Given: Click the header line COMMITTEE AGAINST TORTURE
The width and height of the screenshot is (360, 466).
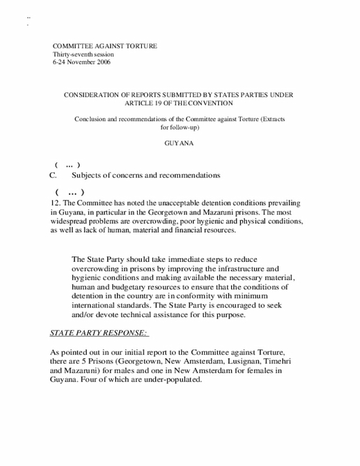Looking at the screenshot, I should (105, 46).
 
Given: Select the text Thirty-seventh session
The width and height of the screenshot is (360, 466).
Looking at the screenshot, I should (83, 55).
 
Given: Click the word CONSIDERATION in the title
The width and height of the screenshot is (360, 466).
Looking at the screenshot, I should (92, 95).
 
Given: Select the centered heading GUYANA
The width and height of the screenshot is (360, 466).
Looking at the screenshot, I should (178, 144).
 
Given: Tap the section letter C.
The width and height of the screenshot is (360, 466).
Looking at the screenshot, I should (53, 176).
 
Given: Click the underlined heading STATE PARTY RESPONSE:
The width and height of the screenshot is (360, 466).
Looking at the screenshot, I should (99, 333).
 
